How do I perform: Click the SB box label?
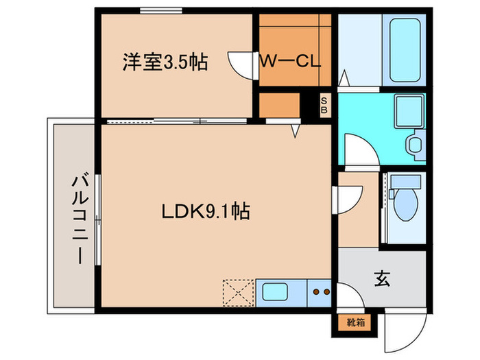pyautogui.click(x=325, y=105)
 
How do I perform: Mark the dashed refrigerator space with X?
pyautogui.click(x=238, y=293)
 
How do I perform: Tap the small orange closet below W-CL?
pyautogui.click(x=280, y=105)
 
